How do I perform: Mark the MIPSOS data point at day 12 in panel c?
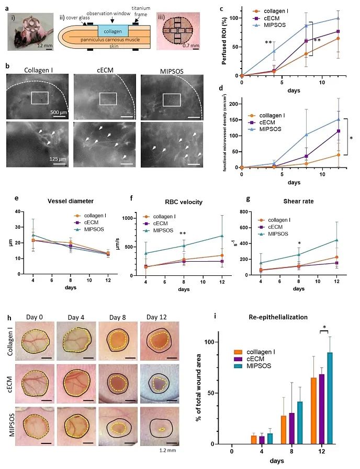coord(339,18)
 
